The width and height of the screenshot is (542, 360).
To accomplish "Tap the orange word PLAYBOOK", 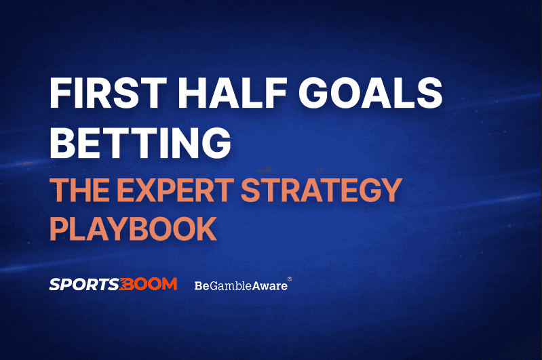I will pos(133,228).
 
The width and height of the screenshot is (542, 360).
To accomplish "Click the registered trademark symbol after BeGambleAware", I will pos(290,279).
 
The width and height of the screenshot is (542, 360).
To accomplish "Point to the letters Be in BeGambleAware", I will pos(201,285).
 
